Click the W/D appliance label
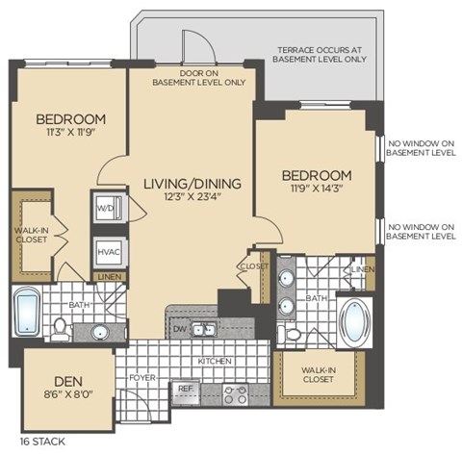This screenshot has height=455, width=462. [104, 207]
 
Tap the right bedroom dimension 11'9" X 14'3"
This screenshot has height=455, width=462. [316, 190]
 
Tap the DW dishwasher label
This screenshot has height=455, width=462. [178, 330]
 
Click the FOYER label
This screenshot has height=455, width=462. [141, 378]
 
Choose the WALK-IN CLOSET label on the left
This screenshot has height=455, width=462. [31, 237]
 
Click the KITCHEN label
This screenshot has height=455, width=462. [216, 361]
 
